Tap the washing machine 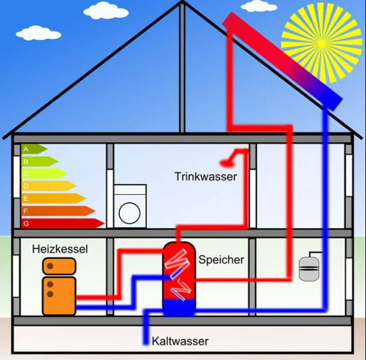(x=130, y=206)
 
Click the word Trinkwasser (x=206, y=176)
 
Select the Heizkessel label (x=60, y=248)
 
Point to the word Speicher (x=221, y=260)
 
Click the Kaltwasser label (x=181, y=341)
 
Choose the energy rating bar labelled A (x=34, y=148)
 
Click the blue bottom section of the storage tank (x=179, y=307)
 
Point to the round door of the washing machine (x=130, y=212)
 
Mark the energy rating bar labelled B (x=39, y=161)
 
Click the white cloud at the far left (x=38, y=32)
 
